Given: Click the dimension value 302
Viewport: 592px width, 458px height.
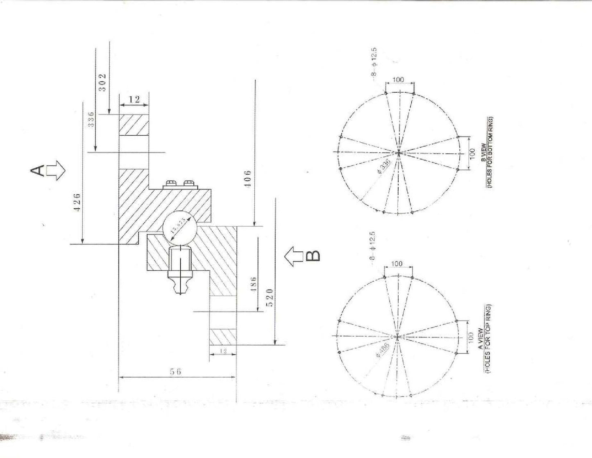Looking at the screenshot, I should click(x=102, y=82).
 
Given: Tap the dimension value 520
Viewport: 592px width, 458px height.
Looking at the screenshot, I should click(x=269, y=298).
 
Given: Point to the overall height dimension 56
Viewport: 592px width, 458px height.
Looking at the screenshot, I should click(x=175, y=371).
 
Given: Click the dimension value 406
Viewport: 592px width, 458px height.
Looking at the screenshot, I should click(x=247, y=180).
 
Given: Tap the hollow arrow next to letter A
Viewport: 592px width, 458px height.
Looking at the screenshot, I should click(x=56, y=171).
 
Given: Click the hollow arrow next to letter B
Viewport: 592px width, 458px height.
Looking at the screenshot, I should click(x=294, y=256).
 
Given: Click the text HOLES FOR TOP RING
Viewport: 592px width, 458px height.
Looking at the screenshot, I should click(x=488, y=340).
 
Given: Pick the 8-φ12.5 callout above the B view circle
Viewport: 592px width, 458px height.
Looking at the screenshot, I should click(x=374, y=64).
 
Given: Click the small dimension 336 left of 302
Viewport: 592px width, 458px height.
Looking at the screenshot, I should click(x=91, y=119).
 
